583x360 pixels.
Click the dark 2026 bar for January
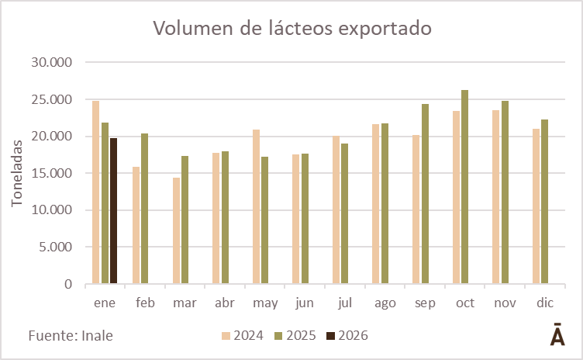pos(114,211)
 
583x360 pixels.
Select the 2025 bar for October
pos(464,187)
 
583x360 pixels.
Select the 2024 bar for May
pos(256,206)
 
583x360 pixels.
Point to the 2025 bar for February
pos(145,209)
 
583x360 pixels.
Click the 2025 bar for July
pos(345,213)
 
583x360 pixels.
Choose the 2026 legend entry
pos(347,336)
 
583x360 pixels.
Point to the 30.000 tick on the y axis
pos(49,62)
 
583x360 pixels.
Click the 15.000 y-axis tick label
pos(49,173)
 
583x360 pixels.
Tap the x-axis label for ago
pos(385,303)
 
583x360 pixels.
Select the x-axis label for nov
pos(505,303)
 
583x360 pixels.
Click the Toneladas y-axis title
pos(18,172)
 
